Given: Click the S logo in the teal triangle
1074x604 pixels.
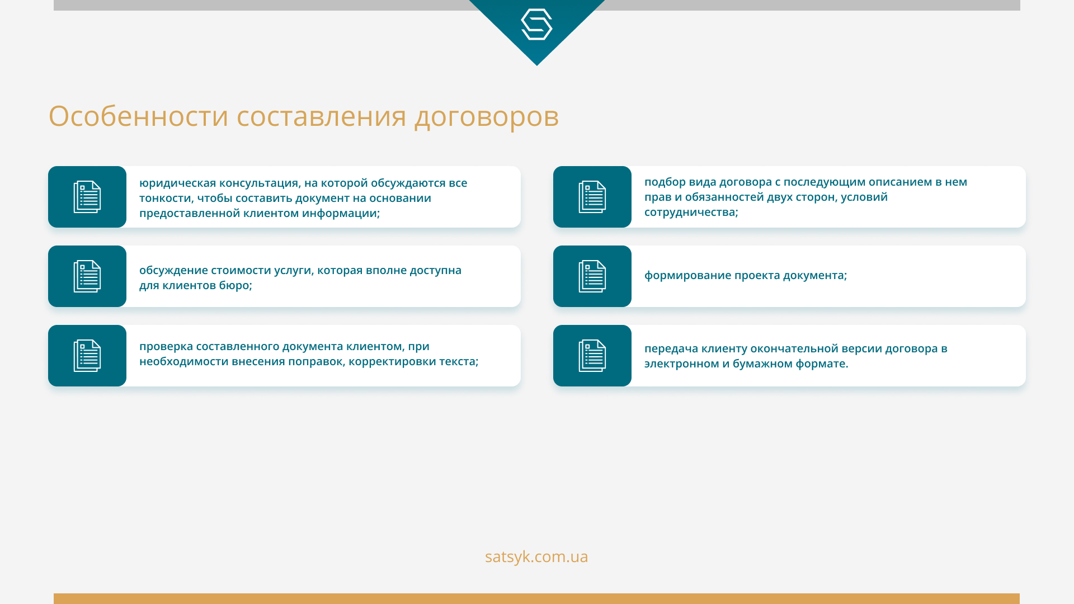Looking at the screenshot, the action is tap(536, 25).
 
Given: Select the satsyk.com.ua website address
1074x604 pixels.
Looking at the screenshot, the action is tap(536, 557).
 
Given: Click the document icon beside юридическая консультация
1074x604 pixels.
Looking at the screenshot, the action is tap(87, 197).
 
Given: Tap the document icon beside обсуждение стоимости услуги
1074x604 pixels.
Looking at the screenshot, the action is tap(87, 276).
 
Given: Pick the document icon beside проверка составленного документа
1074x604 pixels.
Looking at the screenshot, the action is tap(87, 356).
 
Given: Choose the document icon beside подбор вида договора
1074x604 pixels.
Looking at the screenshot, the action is tap(592, 197).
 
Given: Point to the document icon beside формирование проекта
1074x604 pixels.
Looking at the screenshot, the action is tap(592, 276).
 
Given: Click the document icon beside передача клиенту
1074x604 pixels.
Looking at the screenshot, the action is tap(592, 356).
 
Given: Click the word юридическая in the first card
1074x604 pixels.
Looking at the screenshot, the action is tap(177, 183).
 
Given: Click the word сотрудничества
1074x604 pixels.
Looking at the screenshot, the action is tap(690, 213).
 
